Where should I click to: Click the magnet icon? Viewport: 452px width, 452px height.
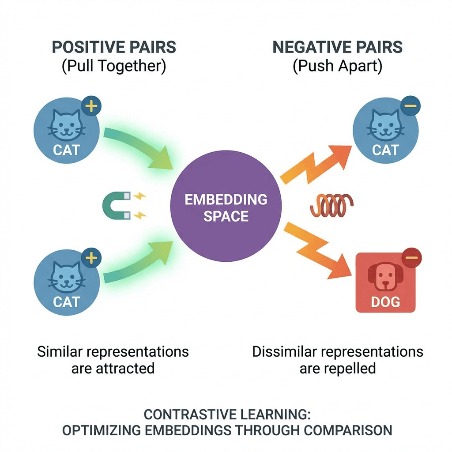(116, 206)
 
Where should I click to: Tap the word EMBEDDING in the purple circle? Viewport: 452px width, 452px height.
(226, 200)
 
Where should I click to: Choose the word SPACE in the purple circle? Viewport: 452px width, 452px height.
(226, 217)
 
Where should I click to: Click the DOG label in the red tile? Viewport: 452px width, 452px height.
(385, 302)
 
